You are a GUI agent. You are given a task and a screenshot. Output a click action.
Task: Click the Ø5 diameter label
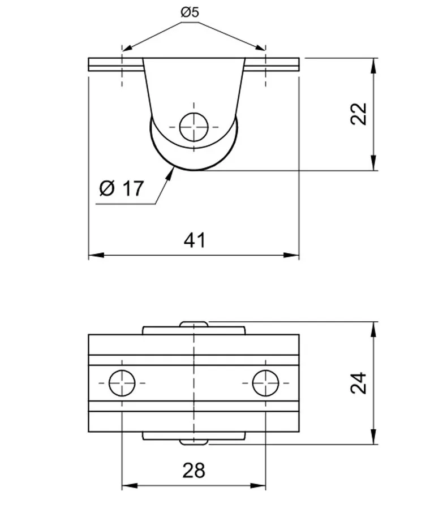coord(190,12)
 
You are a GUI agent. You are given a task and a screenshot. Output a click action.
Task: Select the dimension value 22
coord(359,114)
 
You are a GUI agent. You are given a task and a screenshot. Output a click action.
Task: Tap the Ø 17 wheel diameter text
coord(122,188)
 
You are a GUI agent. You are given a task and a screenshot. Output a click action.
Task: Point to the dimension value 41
coord(195,240)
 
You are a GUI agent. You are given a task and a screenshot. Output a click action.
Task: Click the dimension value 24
coord(359,383)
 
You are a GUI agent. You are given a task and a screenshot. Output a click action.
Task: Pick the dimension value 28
coord(194,471)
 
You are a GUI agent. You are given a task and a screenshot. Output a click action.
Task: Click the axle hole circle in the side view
coord(194,127)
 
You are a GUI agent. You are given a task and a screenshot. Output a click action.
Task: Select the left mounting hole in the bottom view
coord(122,383)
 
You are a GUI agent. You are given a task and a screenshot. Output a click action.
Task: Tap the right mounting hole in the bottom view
coord(266,383)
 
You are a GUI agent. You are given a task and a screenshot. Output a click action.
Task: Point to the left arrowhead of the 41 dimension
coord(96,255)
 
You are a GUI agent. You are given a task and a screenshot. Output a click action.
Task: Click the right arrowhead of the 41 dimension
coord(291,255)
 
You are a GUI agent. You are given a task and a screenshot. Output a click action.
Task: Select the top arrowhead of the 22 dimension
coord(374,66)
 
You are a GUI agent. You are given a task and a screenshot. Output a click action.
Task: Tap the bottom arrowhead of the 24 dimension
coord(374,437)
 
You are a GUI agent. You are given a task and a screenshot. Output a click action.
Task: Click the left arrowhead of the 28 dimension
coord(130,486)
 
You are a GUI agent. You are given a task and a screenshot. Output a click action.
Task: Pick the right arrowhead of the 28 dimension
coord(258,486)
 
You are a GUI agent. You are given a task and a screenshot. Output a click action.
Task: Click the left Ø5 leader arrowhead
coord(128,48)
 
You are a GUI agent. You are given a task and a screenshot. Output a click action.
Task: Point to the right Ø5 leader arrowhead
coord(260,48)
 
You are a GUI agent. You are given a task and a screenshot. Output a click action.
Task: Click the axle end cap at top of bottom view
coord(194,324)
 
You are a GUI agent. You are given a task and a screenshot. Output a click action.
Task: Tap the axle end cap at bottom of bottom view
coord(194,442)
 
